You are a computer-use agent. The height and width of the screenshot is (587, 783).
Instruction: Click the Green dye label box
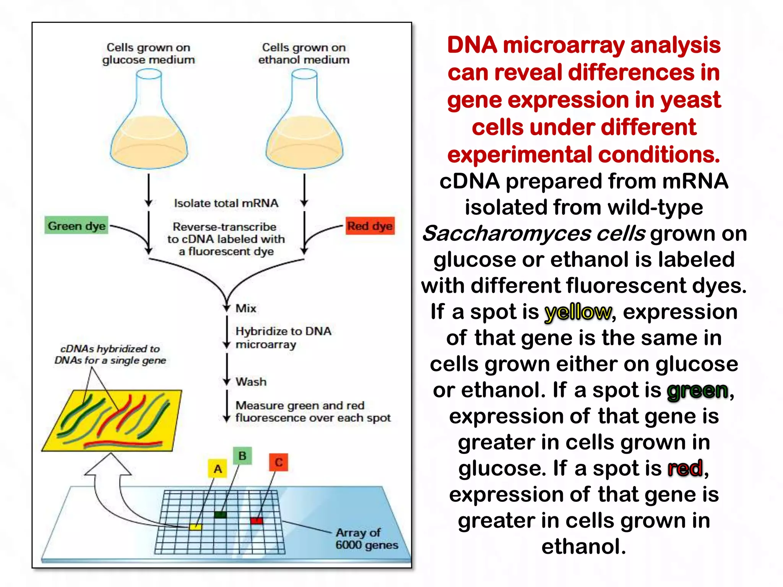click(x=76, y=226)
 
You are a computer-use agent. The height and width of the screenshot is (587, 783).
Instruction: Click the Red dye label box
click(x=370, y=226)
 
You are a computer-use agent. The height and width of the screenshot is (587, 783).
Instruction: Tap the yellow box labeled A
click(x=218, y=469)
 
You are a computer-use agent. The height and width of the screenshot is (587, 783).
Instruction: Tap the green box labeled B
click(x=242, y=456)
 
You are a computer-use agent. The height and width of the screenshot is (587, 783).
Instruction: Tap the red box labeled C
click(x=279, y=462)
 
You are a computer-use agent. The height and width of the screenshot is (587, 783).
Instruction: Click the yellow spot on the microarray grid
click(x=196, y=527)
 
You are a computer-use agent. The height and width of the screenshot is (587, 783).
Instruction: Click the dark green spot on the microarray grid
click(x=221, y=514)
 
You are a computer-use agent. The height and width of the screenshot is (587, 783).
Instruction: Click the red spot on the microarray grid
click(x=257, y=521)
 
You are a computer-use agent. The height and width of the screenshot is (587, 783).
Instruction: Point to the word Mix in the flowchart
click(x=246, y=308)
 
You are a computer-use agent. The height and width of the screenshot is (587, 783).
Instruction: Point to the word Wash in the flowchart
click(x=251, y=382)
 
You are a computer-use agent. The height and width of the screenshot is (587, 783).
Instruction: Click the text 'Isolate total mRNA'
click(x=226, y=203)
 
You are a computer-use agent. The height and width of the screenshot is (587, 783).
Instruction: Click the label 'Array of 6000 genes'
click(x=366, y=538)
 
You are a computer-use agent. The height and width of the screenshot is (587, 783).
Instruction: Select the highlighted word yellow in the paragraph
click(x=578, y=312)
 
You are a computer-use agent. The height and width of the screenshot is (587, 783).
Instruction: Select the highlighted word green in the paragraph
click(x=697, y=391)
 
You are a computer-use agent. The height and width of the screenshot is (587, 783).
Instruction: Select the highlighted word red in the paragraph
click(x=685, y=469)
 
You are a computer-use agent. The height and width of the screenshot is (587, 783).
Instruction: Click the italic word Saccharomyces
click(x=507, y=234)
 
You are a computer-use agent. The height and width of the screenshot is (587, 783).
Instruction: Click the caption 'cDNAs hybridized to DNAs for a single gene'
click(x=110, y=354)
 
